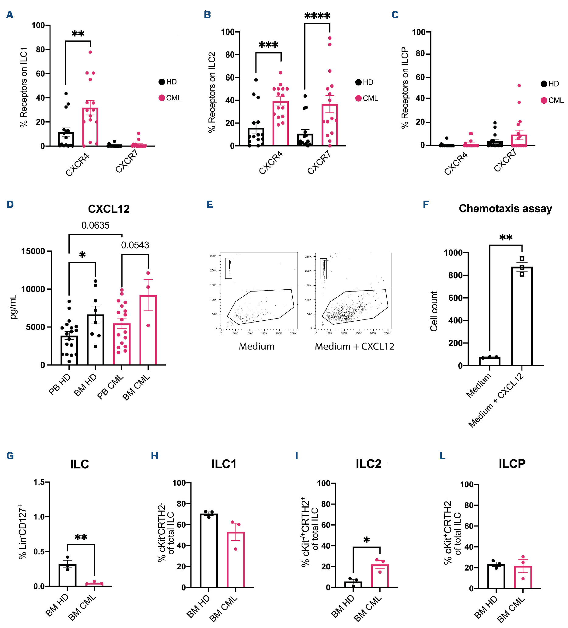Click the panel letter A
click(10, 15)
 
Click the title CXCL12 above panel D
click(109, 209)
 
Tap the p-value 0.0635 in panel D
click(96, 225)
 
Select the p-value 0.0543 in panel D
click(135, 245)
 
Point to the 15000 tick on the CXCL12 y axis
click(33, 251)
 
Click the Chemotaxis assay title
click(505, 209)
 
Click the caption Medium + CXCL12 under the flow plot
click(354, 347)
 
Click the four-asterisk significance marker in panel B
click(317, 16)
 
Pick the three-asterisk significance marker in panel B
click(268, 45)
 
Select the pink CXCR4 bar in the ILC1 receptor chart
click(90, 127)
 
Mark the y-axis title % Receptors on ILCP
click(405, 88)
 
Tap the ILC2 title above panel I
click(368, 464)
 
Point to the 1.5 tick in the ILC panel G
click(40, 482)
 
